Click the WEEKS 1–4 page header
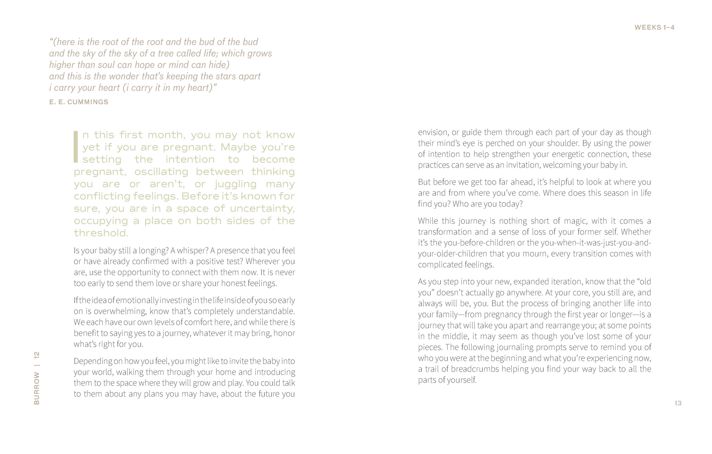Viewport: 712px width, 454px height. click(654, 28)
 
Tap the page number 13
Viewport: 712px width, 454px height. click(678, 403)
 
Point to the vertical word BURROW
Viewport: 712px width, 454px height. click(37, 388)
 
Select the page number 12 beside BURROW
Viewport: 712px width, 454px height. click(37, 355)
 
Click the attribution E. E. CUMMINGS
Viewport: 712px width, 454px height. click(79, 102)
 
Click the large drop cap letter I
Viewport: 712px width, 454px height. click(76, 147)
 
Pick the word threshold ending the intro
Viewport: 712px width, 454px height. click(101, 233)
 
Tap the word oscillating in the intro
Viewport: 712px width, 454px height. click(161, 172)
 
